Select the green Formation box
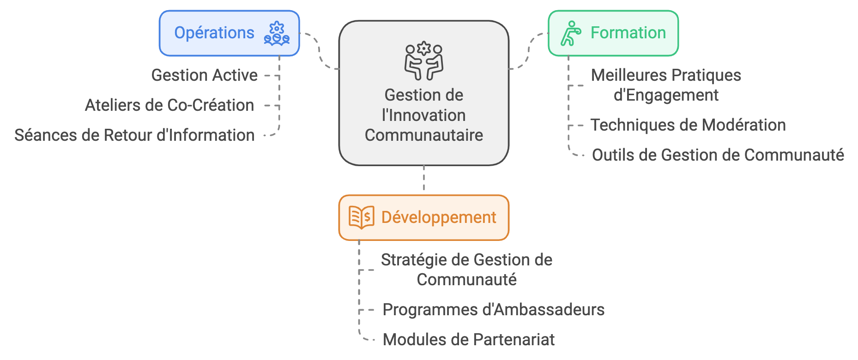coord(613,33)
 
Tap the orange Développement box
coord(423,217)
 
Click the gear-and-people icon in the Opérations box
coord(277,34)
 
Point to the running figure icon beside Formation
coord(571,33)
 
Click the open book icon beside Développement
coord(361,217)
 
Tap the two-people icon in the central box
coord(423,61)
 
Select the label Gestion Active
coord(204,75)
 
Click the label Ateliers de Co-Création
coord(169,105)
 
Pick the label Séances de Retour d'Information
coord(134,135)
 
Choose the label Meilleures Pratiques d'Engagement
coord(666,85)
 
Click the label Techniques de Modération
coord(688,125)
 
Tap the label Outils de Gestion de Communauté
coord(718,155)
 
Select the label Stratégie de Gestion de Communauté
coord(466,270)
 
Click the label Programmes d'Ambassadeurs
coord(493,310)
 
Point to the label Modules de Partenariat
coord(468,340)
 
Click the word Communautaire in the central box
coord(423,135)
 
